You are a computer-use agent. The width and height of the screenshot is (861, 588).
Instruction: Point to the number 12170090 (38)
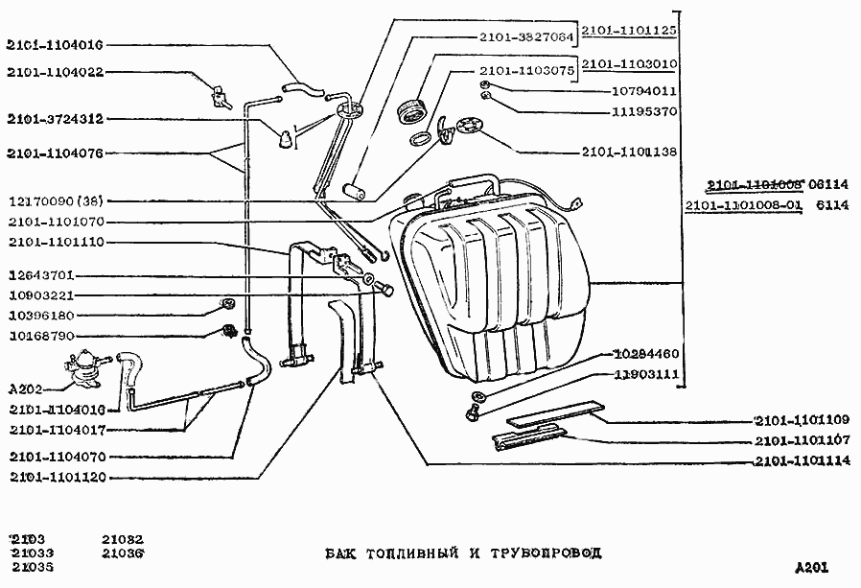coord(58,201)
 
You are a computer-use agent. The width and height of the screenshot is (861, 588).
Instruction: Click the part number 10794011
coord(644,92)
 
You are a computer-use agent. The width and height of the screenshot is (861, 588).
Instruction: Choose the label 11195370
coord(644,111)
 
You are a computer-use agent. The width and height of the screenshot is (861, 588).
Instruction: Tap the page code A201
coord(811,567)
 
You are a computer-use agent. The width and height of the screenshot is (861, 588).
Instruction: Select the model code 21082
coord(122,540)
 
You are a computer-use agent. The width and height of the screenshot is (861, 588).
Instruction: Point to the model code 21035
coord(33,567)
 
